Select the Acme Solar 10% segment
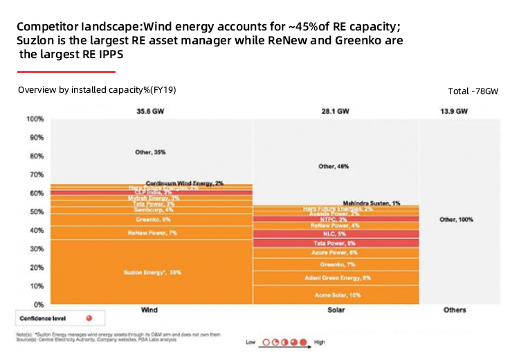coord(336,295)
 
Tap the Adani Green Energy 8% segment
coord(336,278)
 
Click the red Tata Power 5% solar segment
coord(336,243)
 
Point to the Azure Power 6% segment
coord(336,253)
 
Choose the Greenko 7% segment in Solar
coord(336,264)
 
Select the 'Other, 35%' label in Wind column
coord(150,151)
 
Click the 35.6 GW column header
coord(150,111)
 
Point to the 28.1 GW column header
coord(336,111)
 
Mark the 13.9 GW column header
coord(454,111)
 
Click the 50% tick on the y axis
coord(35,212)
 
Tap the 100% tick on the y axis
coord(34,119)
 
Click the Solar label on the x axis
coord(336,310)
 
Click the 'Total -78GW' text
coord(473,91)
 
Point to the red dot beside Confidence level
coord(88,318)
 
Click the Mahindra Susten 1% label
coord(372,203)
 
